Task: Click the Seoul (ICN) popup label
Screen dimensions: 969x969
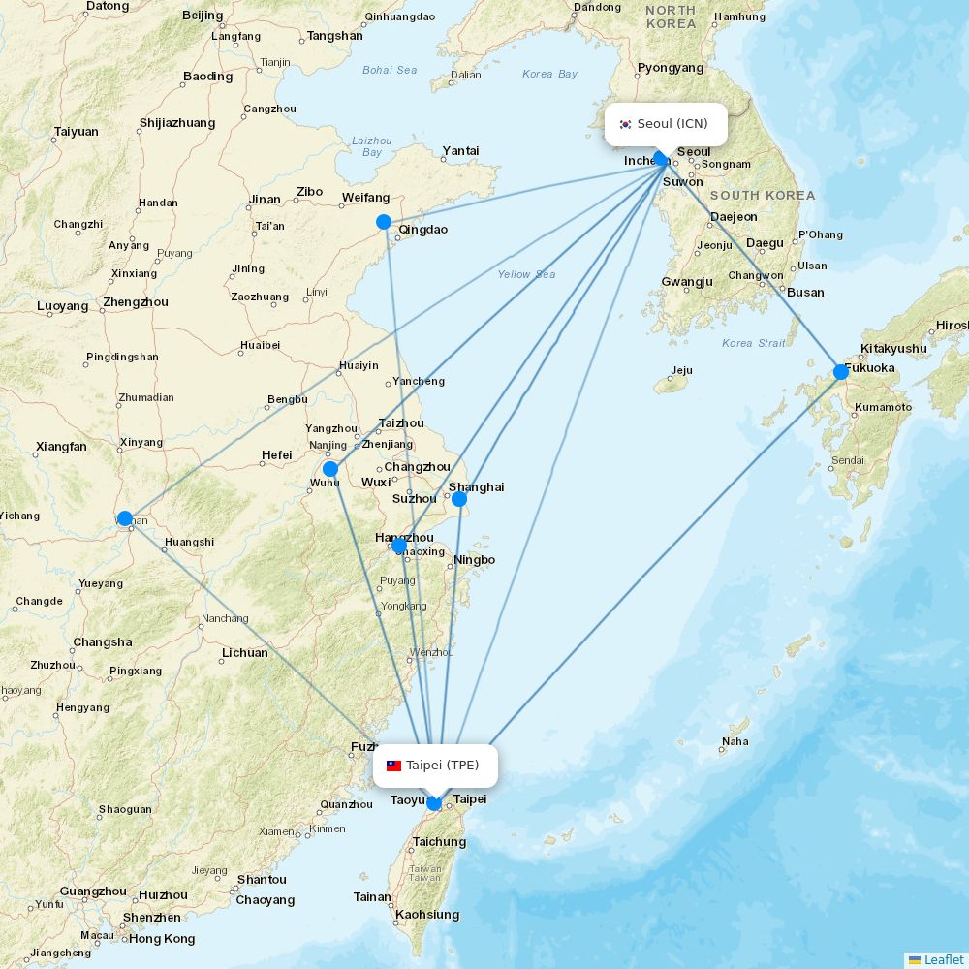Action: tap(666, 124)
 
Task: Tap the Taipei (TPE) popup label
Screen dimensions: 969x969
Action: tap(435, 766)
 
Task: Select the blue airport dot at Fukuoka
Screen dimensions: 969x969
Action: tap(841, 371)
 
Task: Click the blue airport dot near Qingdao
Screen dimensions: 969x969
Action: tap(384, 222)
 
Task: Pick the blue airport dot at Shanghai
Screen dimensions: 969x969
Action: tap(459, 499)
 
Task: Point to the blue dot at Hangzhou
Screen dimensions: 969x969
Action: tap(398, 546)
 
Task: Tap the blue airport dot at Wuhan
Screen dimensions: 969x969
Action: tap(125, 518)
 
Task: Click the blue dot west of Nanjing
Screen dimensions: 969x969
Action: tap(330, 469)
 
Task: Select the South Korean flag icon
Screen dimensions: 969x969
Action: tap(625, 124)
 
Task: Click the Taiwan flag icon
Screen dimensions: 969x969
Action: tap(393, 766)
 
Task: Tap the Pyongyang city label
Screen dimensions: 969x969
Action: tap(671, 68)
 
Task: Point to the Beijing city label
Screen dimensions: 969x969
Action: tap(203, 16)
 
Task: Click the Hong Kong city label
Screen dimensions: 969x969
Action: tap(162, 938)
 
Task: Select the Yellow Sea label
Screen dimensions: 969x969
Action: tap(526, 274)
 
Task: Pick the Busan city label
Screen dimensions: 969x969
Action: tap(806, 293)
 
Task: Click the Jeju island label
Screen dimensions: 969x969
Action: tap(681, 370)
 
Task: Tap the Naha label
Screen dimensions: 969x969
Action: tap(735, 742)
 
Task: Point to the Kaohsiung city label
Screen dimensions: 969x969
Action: tap(427, 914)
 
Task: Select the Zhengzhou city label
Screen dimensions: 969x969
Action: tap(136, 302)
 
